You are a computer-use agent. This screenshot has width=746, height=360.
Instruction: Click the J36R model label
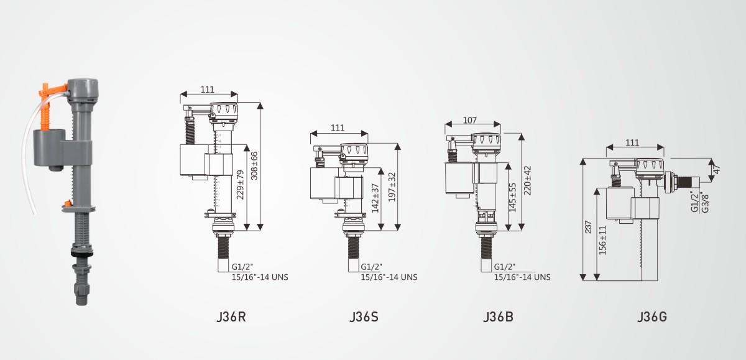(x=231, y=316)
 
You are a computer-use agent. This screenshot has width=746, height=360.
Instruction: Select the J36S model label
(x=364, y=316)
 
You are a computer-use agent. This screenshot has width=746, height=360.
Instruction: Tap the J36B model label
(x=498, y=316)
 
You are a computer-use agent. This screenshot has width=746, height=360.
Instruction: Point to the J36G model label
(x=652, y=316)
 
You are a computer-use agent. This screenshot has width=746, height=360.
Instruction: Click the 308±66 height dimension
(x=254, y=166)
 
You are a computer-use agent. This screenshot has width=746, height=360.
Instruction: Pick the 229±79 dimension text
(x=240, y=185)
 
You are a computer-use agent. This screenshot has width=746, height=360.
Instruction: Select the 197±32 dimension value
(x=392, y=187)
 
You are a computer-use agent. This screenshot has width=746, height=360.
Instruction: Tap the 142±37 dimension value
(x=375, y=198)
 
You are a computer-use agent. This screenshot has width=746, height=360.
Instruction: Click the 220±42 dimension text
(x=528, y=180)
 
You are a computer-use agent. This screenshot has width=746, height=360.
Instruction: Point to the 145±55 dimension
(x=512, y=198)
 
